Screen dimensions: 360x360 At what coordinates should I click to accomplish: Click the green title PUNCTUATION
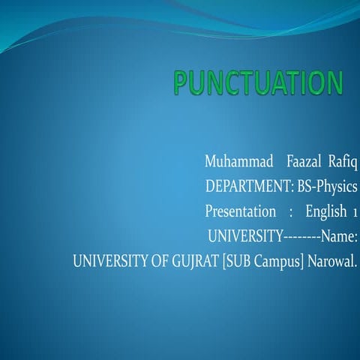[258, 84]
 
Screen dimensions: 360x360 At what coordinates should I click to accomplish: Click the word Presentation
[240, 212]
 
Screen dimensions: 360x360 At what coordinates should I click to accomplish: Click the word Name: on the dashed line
[339, 238]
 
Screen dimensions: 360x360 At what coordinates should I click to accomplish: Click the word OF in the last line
[151, 263]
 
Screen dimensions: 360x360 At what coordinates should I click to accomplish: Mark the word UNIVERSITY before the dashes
[245, 238]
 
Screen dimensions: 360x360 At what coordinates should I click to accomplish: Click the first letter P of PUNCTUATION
[183, 84]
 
